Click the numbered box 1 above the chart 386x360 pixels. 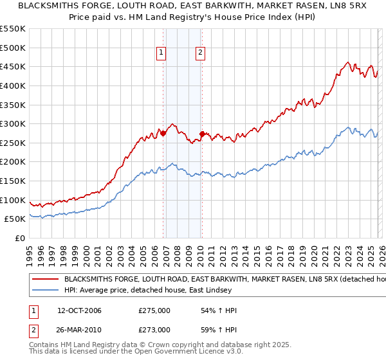pos(161,53)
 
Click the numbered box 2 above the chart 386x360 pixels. pos(200,53)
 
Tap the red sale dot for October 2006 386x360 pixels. pos(163,134)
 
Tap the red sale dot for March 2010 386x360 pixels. pos(203,134)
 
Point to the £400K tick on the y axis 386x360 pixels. pos(14,85)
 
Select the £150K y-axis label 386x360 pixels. pos(14,181)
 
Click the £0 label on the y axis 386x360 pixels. pos(20,238)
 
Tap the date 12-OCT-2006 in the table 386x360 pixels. pos(79,310)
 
